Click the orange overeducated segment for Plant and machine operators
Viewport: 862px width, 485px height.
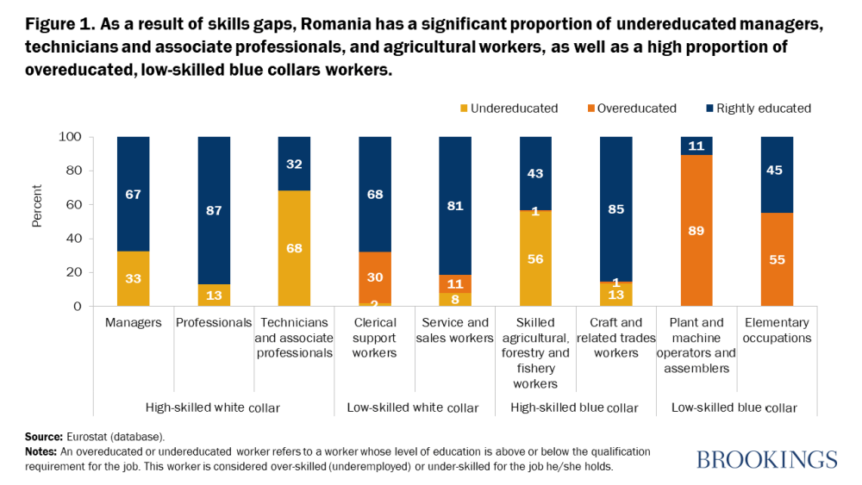(x=696, y=230)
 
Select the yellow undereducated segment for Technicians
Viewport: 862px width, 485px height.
(x=294, y=248)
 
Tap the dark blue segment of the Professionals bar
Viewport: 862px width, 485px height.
(x=214, y=211)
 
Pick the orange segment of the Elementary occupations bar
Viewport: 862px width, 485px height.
(x=777, y=259)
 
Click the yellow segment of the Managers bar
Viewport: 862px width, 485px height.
(x=134, y=278)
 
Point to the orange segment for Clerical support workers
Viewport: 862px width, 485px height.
(x=375, y=277)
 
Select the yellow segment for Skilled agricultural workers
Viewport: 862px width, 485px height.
(x=535, y=258)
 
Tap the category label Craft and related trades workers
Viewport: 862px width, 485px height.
(x=615, y=338)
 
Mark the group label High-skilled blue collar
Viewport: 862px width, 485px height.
(x=574, y=407)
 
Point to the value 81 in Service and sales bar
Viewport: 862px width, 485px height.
(x=455, y=206)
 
